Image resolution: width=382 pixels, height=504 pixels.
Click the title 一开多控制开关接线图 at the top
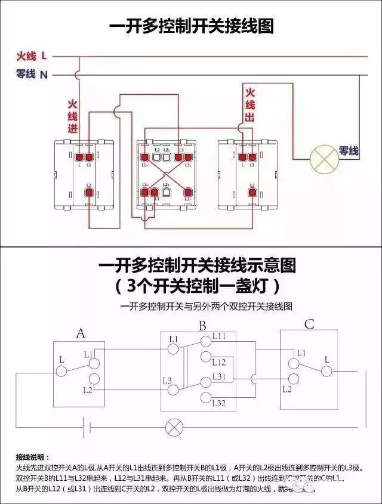pos(191,26)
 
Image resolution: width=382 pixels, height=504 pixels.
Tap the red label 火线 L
pos(32,56)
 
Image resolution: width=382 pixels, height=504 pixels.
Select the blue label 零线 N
pos(32,75)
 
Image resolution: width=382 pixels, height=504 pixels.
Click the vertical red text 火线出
pos(250,105)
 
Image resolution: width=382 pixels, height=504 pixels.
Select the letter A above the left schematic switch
pos(81,333)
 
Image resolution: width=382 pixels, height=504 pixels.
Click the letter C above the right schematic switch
pos(309,324)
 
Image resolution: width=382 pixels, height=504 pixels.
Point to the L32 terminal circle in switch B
pos(206,398)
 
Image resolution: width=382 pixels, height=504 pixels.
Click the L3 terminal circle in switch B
pos(174,389)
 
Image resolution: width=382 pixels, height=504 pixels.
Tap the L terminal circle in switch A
pos(61,371)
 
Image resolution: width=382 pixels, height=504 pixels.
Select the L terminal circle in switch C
pos(326,370)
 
